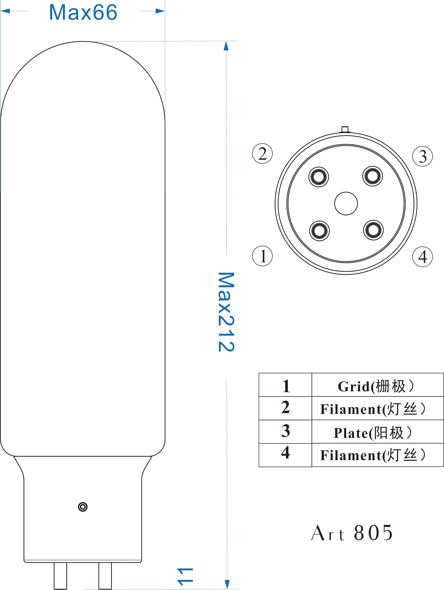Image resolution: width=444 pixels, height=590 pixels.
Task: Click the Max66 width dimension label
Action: (x=83, y=12)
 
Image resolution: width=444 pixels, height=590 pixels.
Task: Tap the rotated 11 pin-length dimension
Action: (x=185, y=577)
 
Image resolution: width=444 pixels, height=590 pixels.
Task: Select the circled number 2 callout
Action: (x=262, y=154)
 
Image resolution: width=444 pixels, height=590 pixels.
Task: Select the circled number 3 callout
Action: (x=422, y=156)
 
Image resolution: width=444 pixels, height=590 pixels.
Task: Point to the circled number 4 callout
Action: (x=422, y=257)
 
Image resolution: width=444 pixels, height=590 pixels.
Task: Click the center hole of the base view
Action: (x=346, y=204)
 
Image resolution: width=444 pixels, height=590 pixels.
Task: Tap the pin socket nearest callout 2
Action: (x=319, y=177)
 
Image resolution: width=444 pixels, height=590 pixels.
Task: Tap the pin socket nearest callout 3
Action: (x=373, y=176)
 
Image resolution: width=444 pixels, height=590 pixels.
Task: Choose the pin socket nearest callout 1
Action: (x=319, y=231)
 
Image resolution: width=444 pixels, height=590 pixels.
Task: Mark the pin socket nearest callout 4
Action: (x=373, y=230)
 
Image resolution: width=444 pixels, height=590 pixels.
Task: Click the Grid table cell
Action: (x=377, y=386)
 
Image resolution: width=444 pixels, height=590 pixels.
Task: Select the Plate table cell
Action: (x=377, y=433)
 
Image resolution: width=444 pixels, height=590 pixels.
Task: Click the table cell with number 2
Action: (x=285, y=408)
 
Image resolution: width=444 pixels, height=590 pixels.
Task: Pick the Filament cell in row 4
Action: (x=377, y=455)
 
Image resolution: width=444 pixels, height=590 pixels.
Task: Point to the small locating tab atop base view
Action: (x=345, y=129)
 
